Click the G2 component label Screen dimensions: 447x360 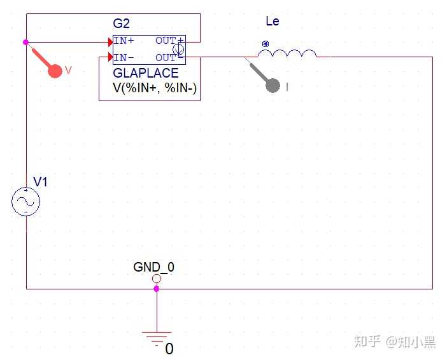(121, 24)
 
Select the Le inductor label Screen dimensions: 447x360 (273, 21)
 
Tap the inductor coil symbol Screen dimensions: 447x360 (287, 53)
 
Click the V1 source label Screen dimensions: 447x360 (40, 181)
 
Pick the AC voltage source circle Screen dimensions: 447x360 (25, 202)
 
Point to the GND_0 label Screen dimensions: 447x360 (153, 267)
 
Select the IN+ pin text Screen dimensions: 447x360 (124, 41)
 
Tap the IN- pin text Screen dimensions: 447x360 (124, 58)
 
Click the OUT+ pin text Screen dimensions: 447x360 (169, 41)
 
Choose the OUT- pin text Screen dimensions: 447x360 (169, 58)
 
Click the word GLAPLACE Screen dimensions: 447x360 (146, 73)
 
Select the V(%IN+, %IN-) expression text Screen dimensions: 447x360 (155, 88)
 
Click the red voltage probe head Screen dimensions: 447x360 (55, 71)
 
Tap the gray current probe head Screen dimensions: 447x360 (273, 85)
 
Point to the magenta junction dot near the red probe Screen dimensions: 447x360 (25, 42)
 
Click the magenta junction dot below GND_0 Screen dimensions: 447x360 (157, 289)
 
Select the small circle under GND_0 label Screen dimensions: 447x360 (157, 278)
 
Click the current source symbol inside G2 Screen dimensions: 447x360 (178, 49)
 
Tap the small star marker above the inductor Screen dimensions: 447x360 (266, 44)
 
